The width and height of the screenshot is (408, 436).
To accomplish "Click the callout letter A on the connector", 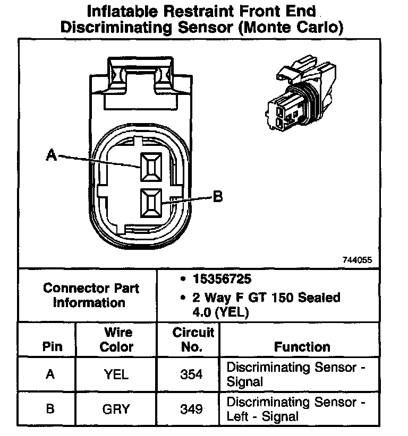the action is point(51,155).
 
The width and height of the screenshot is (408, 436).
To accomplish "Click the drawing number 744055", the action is point(358,260).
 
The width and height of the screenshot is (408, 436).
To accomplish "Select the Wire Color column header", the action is point(117,339).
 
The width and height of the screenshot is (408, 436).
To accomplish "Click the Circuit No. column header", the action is point(193,339).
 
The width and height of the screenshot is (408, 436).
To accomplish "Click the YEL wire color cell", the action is point(116,374).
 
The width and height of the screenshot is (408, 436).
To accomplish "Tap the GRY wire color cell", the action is point(116,409).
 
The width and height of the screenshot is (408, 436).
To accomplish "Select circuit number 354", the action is point(191,374).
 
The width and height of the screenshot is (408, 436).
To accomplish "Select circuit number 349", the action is point(191,409).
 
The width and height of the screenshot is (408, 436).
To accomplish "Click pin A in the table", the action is point(50,374).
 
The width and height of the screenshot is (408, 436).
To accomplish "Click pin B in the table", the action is point(50,409).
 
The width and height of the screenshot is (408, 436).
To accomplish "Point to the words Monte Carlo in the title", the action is point(291,27).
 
